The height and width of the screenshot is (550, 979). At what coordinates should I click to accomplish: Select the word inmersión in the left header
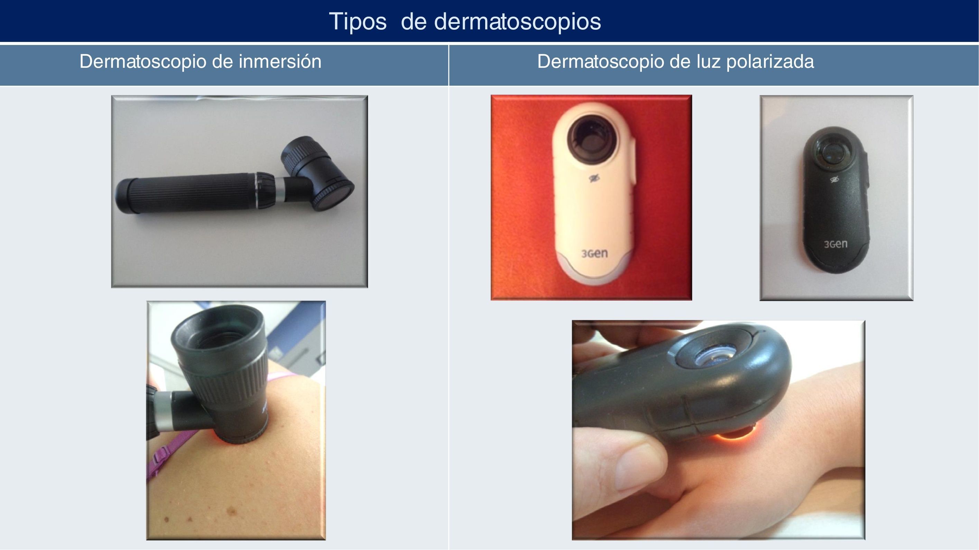point(280,61)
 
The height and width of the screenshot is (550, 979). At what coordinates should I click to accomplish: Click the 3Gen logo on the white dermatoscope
point(594,254)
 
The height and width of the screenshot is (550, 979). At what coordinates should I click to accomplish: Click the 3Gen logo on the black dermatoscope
point(836,244)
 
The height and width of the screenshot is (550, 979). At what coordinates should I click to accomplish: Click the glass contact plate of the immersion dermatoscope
point(335,196)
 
